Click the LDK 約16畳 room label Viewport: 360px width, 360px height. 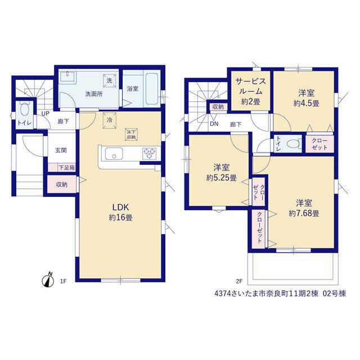pyautogui.click(x=120, y=212)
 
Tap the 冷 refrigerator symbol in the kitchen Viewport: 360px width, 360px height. pyautogui.click(x=110, y=120)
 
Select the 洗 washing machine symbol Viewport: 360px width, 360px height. pyautogui.click(x=109, y=80)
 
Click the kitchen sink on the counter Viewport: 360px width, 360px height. pyautogui.click(x=114, y=154)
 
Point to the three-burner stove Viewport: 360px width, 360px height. pyautogui.click(x=149, y=154)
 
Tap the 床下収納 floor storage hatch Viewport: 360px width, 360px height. pyautogui.click(x=131, y=134)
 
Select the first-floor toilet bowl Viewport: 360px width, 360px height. pyautogui.click(x=24, y=110)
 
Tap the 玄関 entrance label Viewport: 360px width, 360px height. pyautogui.click(x=61, y=150)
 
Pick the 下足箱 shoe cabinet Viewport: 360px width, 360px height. pyautogui.click(x=62, y=168)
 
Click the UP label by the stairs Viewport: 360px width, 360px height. pyautogui.click(x=45, y=114)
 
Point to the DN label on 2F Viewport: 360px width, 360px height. pyautogui.click(x=214, y=124)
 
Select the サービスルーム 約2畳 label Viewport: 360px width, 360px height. pyautogui.click(x=251, y=91)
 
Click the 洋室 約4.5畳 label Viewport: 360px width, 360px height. pyautogui.click(x=306, y=98)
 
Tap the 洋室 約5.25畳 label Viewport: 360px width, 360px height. pyautogui.click(x=221, y=173)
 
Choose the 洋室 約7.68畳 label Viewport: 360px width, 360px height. pyautogui.click(x=304, y=208)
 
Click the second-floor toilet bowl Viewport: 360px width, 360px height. pyautogui.click(x=294, y=145)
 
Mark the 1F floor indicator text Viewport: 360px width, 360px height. pyautogui.click(x=64, y=281)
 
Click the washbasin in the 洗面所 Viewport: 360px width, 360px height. pyautogui.click(x=67, y=76)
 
